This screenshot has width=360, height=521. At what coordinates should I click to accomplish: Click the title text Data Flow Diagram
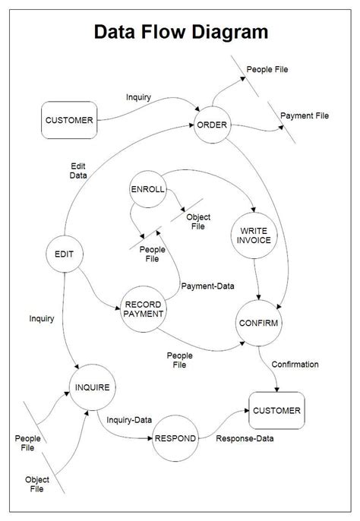point(180,32)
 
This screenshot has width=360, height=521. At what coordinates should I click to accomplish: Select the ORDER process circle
point(212,125)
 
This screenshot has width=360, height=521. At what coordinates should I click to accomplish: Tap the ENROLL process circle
point(148,189)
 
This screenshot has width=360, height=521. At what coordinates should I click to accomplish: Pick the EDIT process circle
point(65,254)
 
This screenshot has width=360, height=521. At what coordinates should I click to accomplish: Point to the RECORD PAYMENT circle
point(143,309)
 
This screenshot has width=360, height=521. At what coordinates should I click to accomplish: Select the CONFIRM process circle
point(259,324)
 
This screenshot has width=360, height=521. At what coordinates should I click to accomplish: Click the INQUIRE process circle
point(92,388)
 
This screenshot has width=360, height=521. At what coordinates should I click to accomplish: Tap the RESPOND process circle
point(175,439)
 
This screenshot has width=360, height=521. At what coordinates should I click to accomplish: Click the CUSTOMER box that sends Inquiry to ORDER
point(69,120)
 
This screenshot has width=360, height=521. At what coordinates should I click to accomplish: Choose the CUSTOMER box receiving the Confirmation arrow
point(276,412)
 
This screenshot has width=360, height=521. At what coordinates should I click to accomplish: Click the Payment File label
point(305,116)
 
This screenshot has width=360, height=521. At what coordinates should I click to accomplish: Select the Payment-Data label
point(207,286)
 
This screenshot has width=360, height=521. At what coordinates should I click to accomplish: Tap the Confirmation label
point(295,365)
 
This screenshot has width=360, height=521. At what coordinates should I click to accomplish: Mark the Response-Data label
point(245,438)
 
